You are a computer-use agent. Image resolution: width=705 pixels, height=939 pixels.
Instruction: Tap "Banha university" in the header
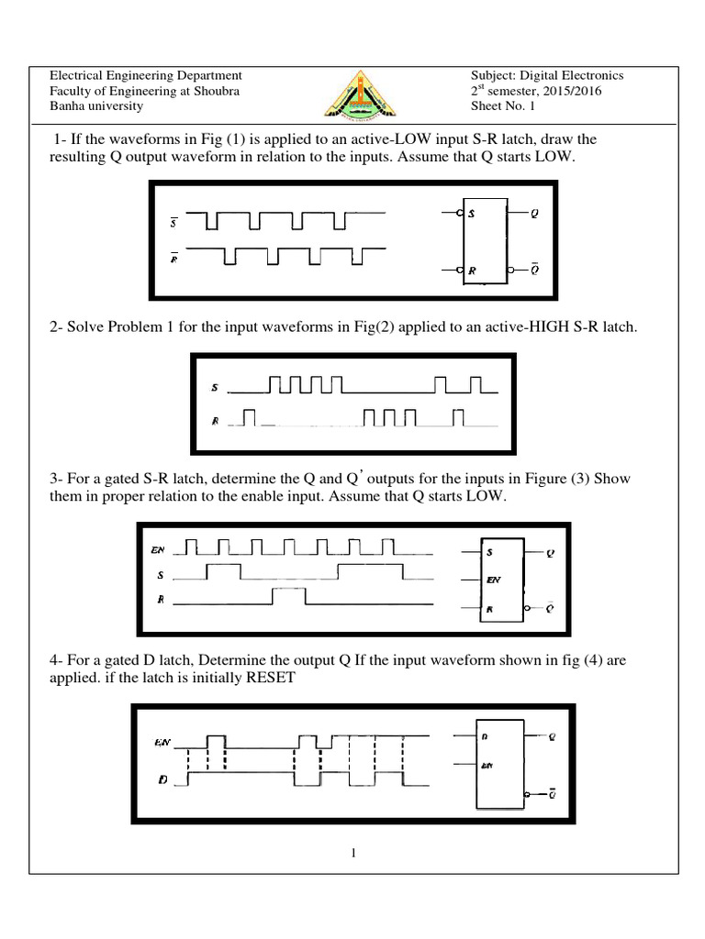coord(95,106)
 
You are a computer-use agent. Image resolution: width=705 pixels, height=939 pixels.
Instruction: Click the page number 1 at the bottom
coord(352,855)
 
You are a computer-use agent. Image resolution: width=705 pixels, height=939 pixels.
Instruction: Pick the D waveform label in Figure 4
coord(162,779)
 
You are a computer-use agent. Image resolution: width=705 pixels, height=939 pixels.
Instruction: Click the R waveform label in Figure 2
coord(215,421)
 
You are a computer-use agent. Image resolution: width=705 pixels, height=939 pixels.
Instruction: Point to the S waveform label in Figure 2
coord(215,389)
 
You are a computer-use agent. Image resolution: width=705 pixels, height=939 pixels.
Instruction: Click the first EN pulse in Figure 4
coord(215,741)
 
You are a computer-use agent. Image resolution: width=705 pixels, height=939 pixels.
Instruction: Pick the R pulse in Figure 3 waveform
coord(288,597)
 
